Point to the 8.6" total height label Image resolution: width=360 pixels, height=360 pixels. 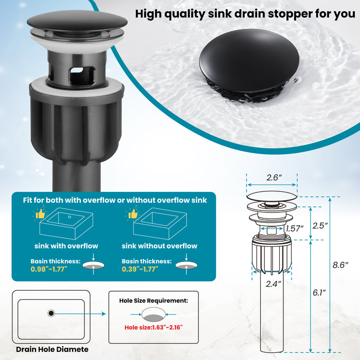pyautogui.click(x=340, y=265)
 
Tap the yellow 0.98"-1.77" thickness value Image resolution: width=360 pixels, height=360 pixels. pyautogui.click(x=50, y=268)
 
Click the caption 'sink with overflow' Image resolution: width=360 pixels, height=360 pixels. pyautogui.click(x=66, y=246)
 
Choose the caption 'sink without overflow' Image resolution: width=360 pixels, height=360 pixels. pyautogui.click(x=159, y=246)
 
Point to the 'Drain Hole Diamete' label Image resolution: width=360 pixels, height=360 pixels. pyautogui.click(x=52, y=349)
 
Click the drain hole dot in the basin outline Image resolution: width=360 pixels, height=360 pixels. pyautogui.click(x=51, y=313)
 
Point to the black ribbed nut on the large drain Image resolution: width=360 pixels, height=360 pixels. pyautogui.click(x=77, y=126)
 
